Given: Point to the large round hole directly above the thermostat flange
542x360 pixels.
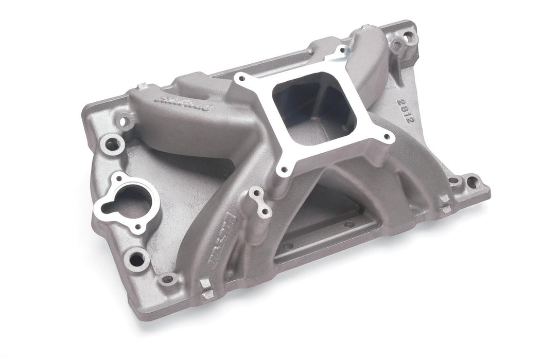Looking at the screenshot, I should point(112,143).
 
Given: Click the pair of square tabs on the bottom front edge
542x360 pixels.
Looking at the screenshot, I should point(206,289).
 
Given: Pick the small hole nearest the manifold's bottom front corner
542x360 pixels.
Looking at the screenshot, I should point(167,280).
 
